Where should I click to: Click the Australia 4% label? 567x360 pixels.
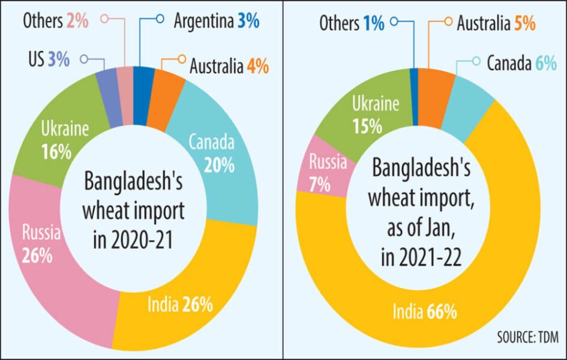(x=229, y=65)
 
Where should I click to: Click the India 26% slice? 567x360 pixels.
(x=180, y=305)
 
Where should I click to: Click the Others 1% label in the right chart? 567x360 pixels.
(x=352, y=24)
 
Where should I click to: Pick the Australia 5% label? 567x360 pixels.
(x=496, y=24)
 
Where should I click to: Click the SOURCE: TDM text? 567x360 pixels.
(x=527, y=338)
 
